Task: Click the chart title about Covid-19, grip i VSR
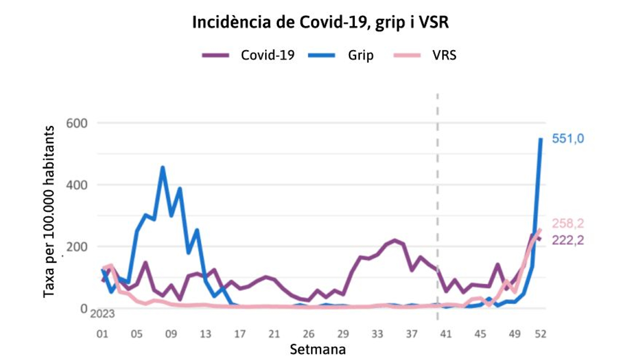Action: pos(320,22)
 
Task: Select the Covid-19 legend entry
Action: pos(267,55)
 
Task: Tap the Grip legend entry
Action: pos(360,55)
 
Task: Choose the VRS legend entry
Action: pos(444,55)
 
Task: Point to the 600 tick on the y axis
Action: pos(77,123)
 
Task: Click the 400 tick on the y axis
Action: pos(77,185)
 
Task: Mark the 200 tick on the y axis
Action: pos(77,246)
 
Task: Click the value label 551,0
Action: pos(568,139)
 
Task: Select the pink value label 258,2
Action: pos(568,223)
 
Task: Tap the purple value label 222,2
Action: pos(568,240)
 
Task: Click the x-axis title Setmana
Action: pos(318,349)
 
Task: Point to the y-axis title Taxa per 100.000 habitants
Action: pos(49,211)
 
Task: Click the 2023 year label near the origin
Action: pos(103,314)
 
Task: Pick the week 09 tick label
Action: pos(171,334)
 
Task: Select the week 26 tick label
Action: pos(309,334)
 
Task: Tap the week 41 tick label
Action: pos(446,334)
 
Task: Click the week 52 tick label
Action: pos(541,334)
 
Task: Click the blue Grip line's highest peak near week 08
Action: pos(163,168)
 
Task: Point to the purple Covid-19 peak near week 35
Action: pos(395,240)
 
